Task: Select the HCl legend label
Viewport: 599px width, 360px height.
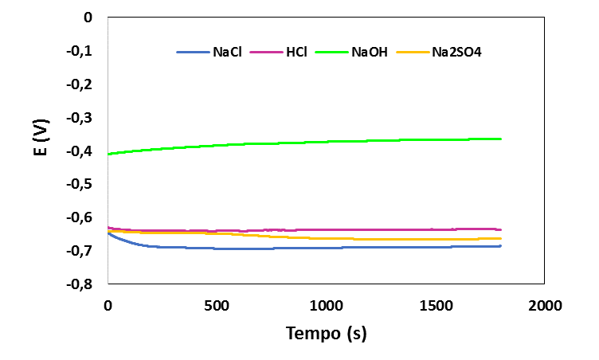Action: pyautogui.click(x=296, y=53)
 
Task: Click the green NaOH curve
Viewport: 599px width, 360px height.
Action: pyautogui.click(x=319, y=143)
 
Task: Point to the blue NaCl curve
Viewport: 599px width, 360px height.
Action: pyautogui.click(x=319, y=248)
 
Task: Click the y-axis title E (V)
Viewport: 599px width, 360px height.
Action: pyautogui.click(x=41, y=150)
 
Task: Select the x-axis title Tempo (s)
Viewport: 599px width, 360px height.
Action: pyautogui.click(x=326, y=334)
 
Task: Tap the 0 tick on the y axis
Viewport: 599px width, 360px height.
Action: pyautogui.click(x=88, y=18)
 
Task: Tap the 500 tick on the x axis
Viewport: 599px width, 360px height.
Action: pyautogui.click(x=217, y=305)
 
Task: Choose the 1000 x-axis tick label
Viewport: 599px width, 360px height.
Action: pyautogui.click(x=326, y=305)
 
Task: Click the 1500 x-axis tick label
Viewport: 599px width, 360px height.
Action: pyautogui.click(x=435, y=305)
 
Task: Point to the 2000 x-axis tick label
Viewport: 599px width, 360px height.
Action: pyautogui.click(x=544, y=305)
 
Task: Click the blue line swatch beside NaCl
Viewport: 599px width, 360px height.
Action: pyautogui.click(x=193, y=53)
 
